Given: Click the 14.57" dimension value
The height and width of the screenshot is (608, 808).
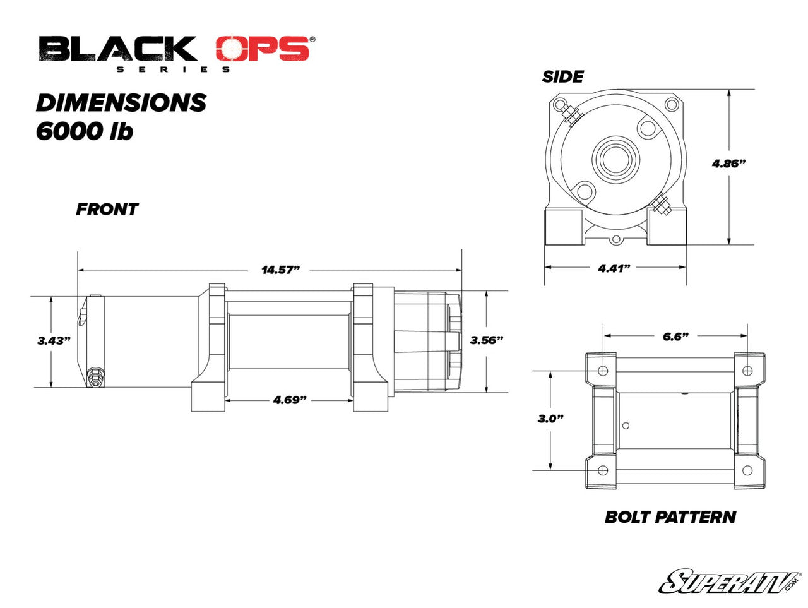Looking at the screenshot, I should pyautogui.click(x=280, y=270).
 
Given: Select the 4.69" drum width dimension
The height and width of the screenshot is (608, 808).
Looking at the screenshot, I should pyautogui.click(x=290, y=400).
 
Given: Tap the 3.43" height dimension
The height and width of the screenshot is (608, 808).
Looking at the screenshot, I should pyautogui.click(x=54, y=340).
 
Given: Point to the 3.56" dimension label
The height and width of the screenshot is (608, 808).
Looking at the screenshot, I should pyautogui.click(x=487, y=340).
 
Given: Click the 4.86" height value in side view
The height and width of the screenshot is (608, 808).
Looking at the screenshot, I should pyautogui.click(x=729, y=163).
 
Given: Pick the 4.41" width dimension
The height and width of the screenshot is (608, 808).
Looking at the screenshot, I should pyautogui.click(x=615, y=268).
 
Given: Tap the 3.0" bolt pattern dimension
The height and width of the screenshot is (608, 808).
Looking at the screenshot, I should pyautogui.click(x=550, y=419).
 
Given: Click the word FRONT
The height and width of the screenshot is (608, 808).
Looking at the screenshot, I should pyautogui.click(x=107, y=210).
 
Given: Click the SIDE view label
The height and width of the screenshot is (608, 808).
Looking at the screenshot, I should pyautogui.click(x=562, y=77).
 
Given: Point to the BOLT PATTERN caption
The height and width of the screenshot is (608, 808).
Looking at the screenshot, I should pyautogui.click(x=670, y=516).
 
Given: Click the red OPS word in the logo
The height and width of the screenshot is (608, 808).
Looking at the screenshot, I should pyautogui.click(x=264, y=49).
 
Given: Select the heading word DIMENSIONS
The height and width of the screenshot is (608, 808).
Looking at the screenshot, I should pyautogui.click(x=121, y=102).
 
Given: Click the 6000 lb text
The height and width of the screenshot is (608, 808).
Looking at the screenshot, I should pyautogui.click(x=85, y=131).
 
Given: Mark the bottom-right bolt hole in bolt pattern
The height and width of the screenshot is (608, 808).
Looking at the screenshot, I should pyautogui.click(x=748, y=470).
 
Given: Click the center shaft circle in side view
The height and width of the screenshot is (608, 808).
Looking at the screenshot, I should pyautogui.click(x=615, y=158).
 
